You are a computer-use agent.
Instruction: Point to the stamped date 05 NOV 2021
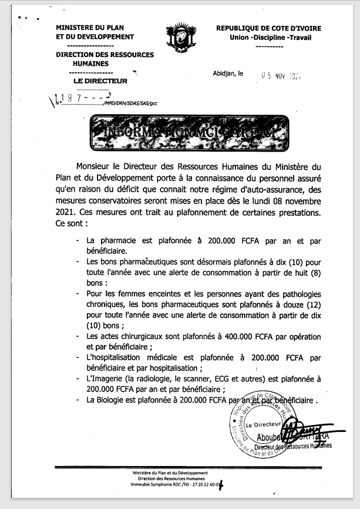click(280, 75)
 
